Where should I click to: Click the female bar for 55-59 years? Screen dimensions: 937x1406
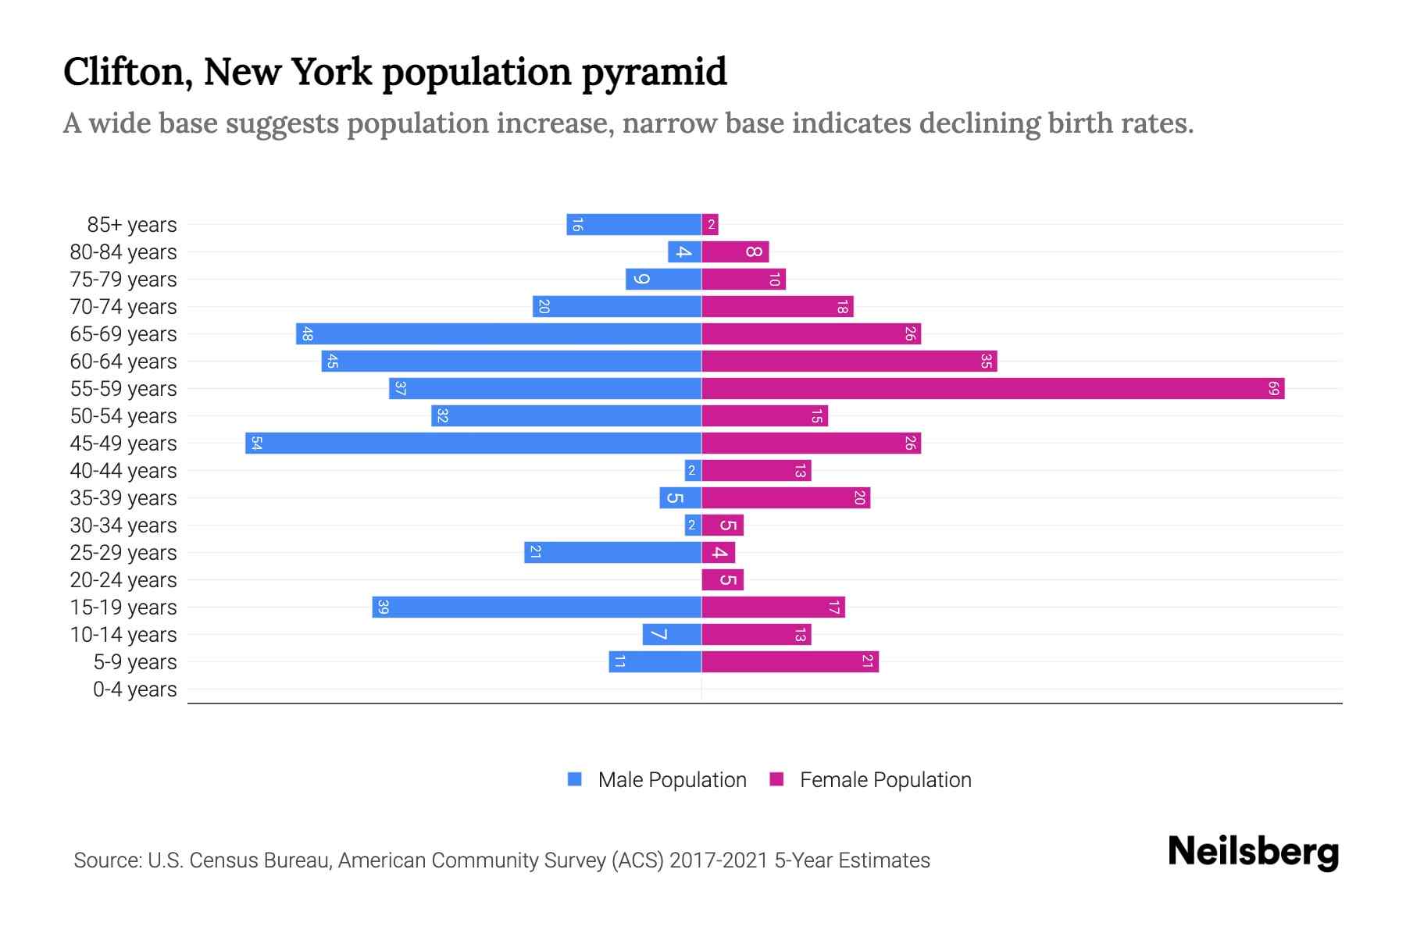pos(992,388)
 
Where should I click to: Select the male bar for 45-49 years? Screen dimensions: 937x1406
pos(473,443)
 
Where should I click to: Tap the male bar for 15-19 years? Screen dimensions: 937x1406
pos(537,607)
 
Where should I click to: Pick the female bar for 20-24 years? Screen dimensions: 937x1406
pos(723,579)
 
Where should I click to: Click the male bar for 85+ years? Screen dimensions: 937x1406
pos(633,224)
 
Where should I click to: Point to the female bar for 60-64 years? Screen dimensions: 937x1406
pos(849,361)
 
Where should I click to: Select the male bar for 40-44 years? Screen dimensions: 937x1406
pos(693,470)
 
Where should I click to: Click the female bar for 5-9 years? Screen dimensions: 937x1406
pos(790,661)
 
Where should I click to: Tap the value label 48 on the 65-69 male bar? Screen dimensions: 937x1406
pos(307,334)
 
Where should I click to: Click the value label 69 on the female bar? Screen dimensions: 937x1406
pos(1273,388)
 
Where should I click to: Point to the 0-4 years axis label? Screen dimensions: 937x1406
pos(134,689)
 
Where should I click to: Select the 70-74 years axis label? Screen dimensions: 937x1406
pos(123,307)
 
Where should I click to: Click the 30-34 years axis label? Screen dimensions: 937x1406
pos(123,526)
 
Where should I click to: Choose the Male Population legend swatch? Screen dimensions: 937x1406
pos(575,779)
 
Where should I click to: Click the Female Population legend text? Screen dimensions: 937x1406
pos(885,779)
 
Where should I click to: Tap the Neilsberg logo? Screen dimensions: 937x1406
pos(1253,852)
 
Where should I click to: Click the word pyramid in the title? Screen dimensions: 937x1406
pos(654,73)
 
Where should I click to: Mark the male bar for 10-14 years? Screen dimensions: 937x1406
pos(672,634)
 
